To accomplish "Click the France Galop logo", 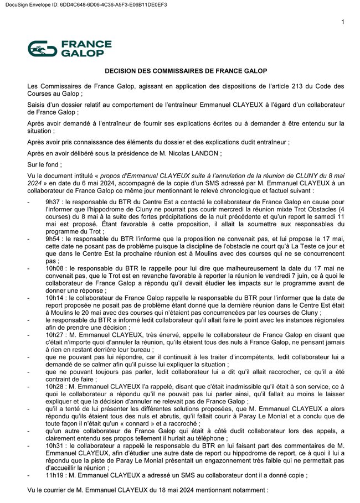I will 70,49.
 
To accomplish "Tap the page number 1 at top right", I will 343,22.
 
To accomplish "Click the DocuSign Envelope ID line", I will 84,4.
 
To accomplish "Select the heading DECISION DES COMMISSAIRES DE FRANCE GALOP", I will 186,71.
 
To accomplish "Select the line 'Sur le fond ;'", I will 45,164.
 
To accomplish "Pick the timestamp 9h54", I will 53,240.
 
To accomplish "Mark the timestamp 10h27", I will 55,334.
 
